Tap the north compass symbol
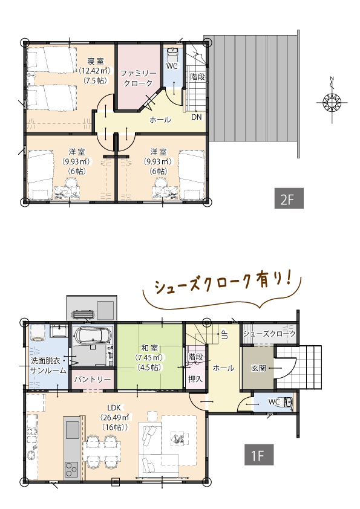tap(332, 101)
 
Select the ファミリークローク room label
tap(138, 77)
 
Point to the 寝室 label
tap(96, 60)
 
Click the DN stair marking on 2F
tap(197, 117)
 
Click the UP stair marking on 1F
tap(224, 334)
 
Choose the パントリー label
tap(93, 380)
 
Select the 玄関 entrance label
tap(258, 367)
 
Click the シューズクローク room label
tap(269, 334)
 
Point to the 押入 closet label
tap(195, 379)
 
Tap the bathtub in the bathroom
tap(92, 336)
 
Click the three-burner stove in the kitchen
tap(71, 468)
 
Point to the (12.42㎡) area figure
tap(94, 71)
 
